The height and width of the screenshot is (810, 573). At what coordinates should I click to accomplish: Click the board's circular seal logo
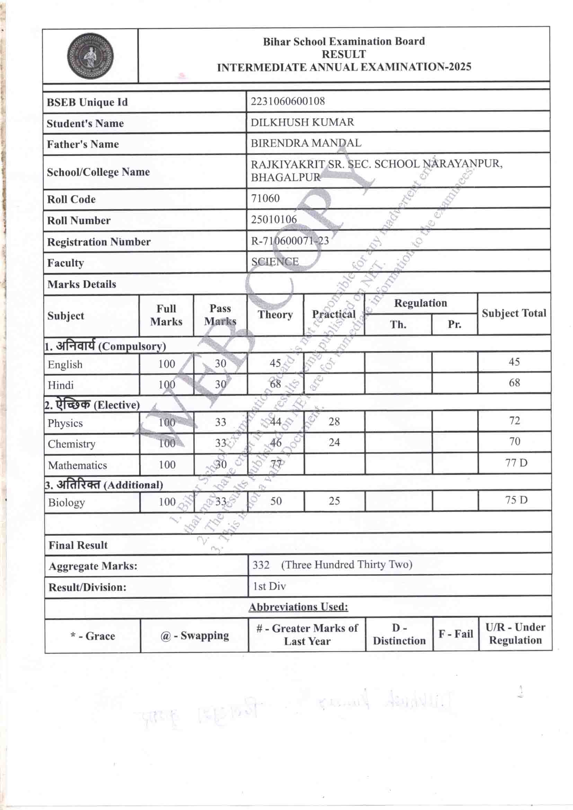(x=90, y=56)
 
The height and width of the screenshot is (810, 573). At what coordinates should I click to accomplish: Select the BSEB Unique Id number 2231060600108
(x=288, y=102)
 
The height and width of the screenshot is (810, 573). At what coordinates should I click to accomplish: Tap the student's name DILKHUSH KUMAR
(x=302, y=122)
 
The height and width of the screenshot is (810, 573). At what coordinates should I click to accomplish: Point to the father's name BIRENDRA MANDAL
(x=306, y=143)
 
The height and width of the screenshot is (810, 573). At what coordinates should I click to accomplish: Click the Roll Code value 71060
(x=265, y=199)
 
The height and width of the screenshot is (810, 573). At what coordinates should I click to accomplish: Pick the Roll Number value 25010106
(x=274, y=219)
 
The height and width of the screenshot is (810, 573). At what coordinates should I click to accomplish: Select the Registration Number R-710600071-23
(x=290, y=241)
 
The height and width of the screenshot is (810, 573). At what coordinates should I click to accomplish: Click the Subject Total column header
(x=514, y=313)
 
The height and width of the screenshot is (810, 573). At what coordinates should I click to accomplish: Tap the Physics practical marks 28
(x=334, y=421)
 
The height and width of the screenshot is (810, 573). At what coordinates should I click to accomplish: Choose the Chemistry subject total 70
(x=514, y=441)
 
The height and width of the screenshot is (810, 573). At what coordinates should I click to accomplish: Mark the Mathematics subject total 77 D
(x=516, y=463)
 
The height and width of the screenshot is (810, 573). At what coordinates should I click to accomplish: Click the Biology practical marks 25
(x=334, y=501)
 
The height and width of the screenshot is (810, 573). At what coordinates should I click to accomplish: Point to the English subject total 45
(x=514, y=362)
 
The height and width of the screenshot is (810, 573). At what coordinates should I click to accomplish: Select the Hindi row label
(x=61, y=385)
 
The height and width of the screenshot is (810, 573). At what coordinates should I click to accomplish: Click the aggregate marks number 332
(x=261, y=565)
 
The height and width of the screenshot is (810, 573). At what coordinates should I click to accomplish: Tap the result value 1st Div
(x=269, y=586)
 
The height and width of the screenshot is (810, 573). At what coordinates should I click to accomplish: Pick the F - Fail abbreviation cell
(x=456, y=634)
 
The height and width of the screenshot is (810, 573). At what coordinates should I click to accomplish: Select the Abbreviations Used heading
(x=298, y=607)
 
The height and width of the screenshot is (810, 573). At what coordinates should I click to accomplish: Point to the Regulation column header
(x=420, y=303)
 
